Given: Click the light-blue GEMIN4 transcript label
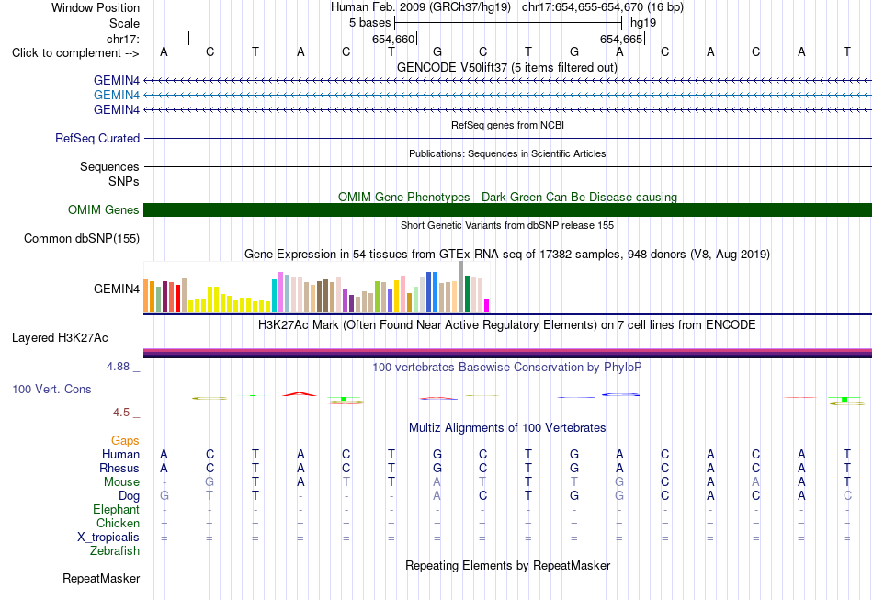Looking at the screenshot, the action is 117,96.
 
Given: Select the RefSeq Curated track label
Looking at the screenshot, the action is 97,138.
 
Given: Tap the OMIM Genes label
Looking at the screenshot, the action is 104,209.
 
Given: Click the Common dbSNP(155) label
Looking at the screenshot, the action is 82,238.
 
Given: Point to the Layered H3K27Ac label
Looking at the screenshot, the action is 60,338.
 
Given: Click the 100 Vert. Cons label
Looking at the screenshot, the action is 51,389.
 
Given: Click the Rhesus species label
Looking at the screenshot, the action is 119,468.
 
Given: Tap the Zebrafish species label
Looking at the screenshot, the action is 115,550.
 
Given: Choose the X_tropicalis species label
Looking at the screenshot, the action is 108,538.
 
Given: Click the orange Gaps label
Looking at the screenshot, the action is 125,441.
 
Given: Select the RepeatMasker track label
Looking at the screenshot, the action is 101,578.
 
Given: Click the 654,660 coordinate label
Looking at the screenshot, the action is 393,39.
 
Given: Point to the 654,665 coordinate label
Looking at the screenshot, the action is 621,39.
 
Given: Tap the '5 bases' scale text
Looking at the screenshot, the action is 369,23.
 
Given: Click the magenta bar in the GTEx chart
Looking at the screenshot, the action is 486,306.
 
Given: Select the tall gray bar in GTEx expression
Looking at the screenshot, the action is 460,287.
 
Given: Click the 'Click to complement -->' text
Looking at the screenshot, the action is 75,53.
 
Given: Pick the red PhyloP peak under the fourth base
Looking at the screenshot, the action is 300,394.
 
